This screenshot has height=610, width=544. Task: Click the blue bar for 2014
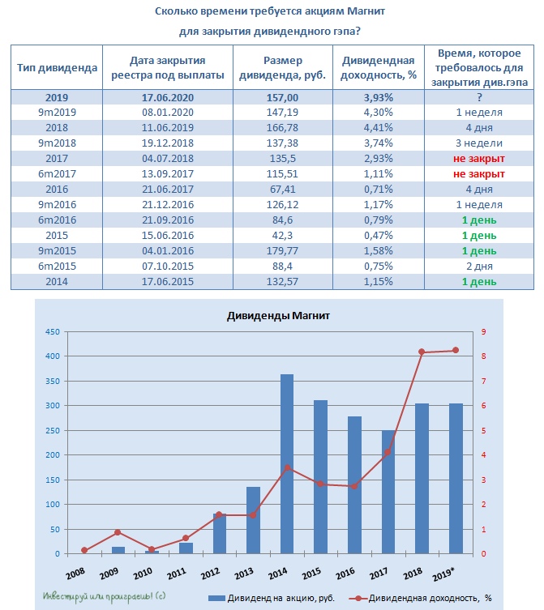click(x=287, y=463)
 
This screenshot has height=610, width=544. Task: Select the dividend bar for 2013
click(x=253, y=520)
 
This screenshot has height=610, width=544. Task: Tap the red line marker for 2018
click(x=422, y=352)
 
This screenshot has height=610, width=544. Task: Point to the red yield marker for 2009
click(x=118, y=532)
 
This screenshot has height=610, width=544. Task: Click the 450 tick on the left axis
click(x=53, y=332)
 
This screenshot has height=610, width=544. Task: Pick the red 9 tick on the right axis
click(x=484, y=332)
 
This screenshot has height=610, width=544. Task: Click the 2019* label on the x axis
click(x=443, y=574)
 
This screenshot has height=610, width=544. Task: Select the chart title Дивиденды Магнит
click(x=278, y=315)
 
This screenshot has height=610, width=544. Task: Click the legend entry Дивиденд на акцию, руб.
click(x=272, y=598)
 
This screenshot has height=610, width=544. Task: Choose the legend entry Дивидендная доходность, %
click(x=420, y=598)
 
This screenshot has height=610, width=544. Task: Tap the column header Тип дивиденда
click(x=57, y=68)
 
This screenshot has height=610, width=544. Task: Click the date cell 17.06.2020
click(x=168, y=97)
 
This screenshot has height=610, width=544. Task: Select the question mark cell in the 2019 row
click(x=479, y=97)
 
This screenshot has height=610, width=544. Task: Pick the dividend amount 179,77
click(x=282, y=251)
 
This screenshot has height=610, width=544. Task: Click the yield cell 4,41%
click(x=378, y=128)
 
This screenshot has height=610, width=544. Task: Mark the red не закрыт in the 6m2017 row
click(x=479, y=174)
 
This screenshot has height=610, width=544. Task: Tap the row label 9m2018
click(x=57, y=143)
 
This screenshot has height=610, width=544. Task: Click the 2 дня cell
click(x=479, y=267)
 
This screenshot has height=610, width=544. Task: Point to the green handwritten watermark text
click(x=104, y=596)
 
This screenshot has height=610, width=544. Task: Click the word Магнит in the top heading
click(x=366, y=11)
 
